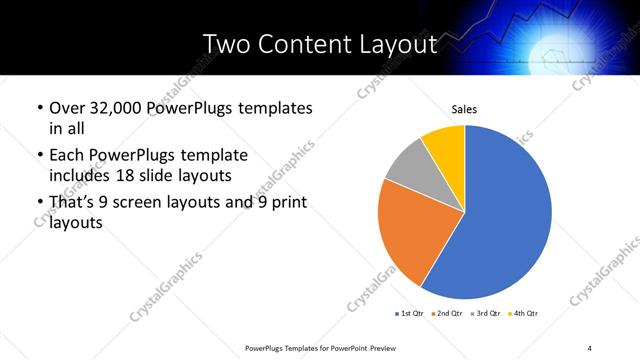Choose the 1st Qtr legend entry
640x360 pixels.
409,314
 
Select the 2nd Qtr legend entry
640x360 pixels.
446,314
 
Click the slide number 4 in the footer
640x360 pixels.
590,347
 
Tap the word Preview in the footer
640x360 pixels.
392,347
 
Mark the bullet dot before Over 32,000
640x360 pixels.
39,108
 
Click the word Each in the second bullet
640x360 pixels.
67,156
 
